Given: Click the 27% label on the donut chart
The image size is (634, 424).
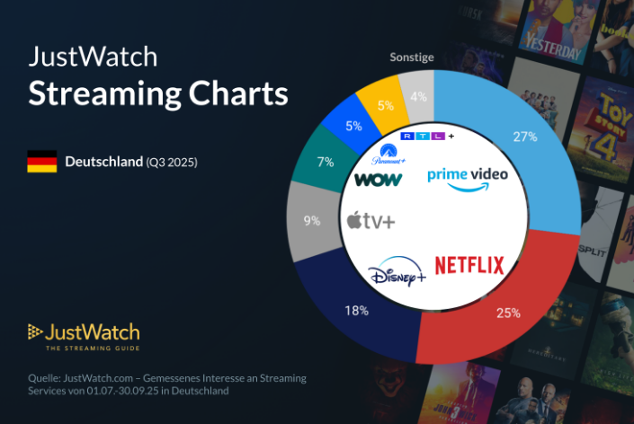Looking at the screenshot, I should (525, 137).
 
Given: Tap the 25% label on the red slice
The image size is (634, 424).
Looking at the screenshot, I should (509, 313).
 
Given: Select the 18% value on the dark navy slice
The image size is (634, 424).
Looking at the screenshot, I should (357, 311).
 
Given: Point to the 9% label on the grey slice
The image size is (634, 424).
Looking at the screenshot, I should (312, 220).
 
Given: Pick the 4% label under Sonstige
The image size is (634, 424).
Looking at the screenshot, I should (418, 97).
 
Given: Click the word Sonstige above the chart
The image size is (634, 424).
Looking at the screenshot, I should (412, 57).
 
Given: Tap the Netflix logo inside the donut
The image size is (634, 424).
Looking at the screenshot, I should (469, 265).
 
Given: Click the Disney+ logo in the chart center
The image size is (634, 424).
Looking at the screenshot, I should (397, 272).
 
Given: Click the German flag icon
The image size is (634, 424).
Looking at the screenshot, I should (41, 162).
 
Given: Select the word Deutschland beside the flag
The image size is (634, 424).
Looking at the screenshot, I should (103, 162).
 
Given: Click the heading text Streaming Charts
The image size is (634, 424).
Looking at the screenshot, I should (158, 94).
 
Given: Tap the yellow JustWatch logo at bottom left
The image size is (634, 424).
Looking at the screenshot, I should (83, 333).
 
